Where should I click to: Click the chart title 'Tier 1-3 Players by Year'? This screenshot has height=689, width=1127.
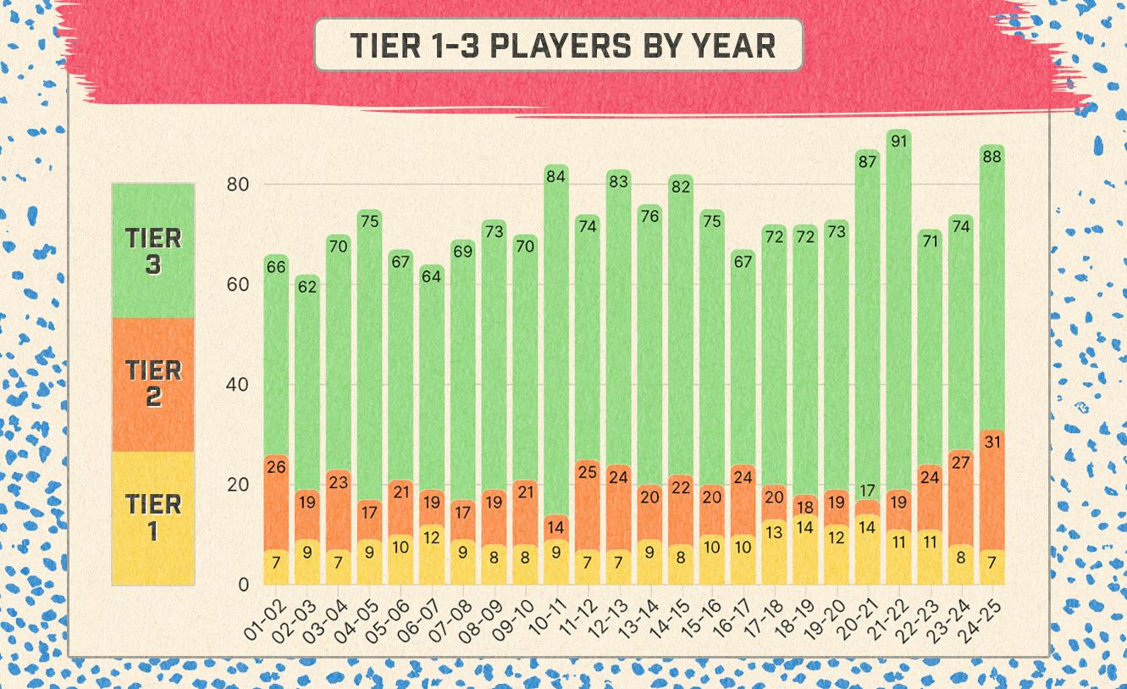coord(558,45)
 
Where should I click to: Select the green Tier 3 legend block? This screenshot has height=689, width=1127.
coord(153,251)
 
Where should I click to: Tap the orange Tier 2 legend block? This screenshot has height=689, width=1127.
coord(153,384)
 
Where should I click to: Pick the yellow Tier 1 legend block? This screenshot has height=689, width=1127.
coord(153,518)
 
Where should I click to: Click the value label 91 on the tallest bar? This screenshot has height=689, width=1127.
coord(899,142)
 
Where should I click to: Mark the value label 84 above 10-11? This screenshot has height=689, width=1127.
coord(556,176)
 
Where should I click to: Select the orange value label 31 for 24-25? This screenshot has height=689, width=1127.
coord(992,442)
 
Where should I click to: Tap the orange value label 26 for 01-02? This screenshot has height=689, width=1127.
coord(276,467)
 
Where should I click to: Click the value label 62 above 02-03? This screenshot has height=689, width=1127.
coord(307,286)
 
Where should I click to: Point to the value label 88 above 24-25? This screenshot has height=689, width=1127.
coord(992,157)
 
